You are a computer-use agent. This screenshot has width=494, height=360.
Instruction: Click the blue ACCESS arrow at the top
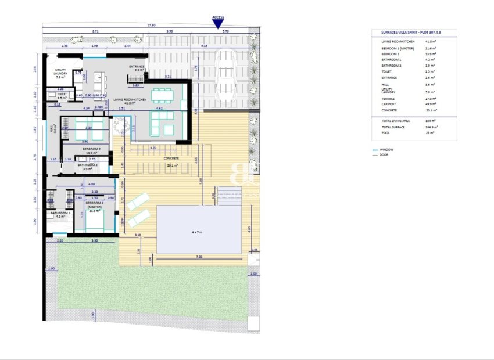pyautogui.click(x=219, y=24)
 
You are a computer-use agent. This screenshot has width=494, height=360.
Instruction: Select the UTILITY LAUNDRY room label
pyautogui.click(x=60, y=74)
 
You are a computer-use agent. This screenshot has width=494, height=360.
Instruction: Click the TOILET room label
pyautogui.click(x=62, y=95)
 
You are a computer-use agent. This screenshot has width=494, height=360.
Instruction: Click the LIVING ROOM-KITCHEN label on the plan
pyautogui.click(x=131, y=101)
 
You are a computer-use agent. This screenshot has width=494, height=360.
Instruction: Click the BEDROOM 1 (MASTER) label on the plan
pyautogui.click(x=94, y=205)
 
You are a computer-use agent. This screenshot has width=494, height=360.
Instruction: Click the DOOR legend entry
pyautogui.click(x=384, y=155)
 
